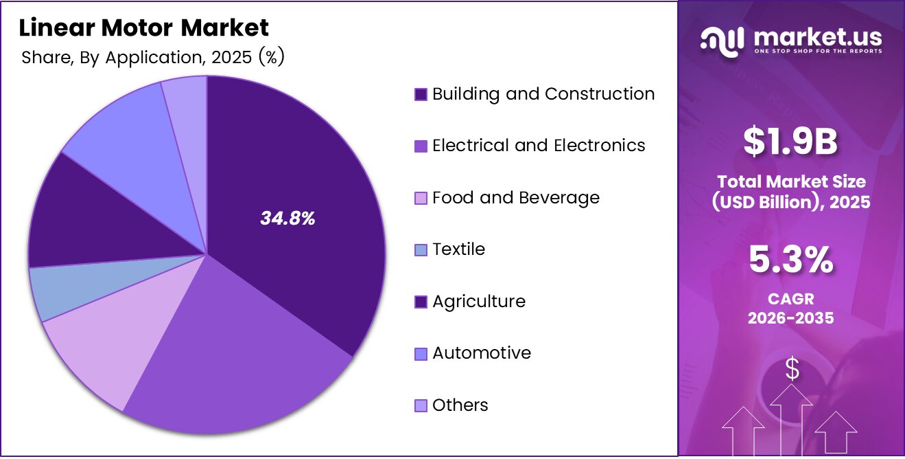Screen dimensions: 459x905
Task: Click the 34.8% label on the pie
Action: point(287,219)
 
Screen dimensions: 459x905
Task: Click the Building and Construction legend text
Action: point(543,94)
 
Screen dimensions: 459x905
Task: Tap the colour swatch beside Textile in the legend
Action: point(421,250)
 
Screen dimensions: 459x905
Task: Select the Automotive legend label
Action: point(482,353)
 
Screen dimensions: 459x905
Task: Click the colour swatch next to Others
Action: point(421,405)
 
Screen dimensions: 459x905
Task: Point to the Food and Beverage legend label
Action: point(516,198)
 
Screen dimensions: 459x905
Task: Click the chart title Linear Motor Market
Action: point(144,28)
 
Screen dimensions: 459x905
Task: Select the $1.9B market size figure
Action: point(791,142)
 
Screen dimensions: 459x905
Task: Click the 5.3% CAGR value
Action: point(791,261)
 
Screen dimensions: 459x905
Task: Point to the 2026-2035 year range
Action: point(791,318)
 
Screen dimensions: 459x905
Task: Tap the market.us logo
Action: point(791,39)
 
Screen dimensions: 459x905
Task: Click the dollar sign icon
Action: point(792,370)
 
